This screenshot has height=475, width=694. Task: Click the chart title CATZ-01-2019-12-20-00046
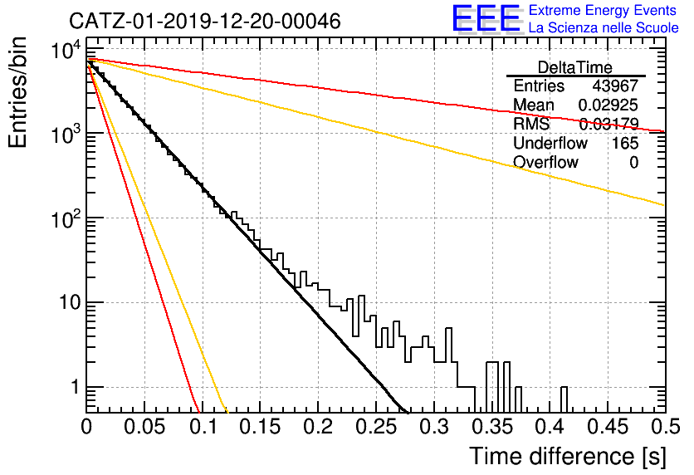205,22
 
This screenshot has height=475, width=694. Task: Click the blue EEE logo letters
486,18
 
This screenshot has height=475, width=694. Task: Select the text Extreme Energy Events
603,10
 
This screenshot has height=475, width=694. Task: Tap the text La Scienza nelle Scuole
604,28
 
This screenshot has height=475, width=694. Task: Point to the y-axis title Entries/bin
17,93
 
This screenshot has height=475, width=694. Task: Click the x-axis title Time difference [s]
568,457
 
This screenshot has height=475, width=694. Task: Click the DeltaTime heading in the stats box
575,68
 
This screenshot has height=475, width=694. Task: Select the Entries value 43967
615,86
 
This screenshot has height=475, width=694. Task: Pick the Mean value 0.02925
608,105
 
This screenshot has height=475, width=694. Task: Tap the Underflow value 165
625,143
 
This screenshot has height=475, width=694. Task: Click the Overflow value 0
633,163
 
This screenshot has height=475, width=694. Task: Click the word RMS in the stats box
531,124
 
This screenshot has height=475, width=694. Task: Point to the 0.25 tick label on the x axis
376,427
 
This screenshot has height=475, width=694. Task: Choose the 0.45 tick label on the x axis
608,427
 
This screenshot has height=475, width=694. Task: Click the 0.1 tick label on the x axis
203,427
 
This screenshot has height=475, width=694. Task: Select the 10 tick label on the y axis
70,303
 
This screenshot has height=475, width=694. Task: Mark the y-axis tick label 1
75,387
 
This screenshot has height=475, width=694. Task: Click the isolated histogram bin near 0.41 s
564,399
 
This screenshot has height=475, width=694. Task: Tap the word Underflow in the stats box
550,143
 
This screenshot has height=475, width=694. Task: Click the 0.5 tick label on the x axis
666,427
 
